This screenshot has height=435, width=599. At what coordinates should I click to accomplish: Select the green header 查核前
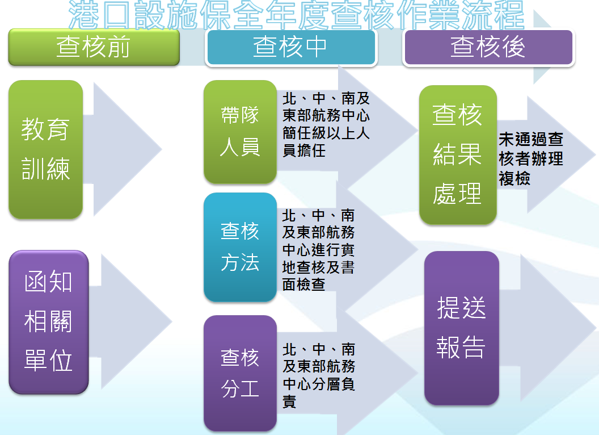point(94,47)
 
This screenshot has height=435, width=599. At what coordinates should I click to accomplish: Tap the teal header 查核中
point(290,47)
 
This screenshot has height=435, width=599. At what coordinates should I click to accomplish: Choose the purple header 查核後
point(488,47)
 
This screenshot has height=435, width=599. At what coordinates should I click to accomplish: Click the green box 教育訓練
point(46,149)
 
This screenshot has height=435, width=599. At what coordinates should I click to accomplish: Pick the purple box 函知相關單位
point(49,322)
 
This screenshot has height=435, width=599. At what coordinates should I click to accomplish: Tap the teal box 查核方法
point(240,247)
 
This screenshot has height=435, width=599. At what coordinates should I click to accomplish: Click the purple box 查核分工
point(240,373)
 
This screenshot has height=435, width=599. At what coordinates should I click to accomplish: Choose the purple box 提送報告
point(461,328)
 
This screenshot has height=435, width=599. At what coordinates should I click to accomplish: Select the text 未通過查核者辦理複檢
point(530,158)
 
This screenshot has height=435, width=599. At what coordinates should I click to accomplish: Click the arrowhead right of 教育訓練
point(136,149)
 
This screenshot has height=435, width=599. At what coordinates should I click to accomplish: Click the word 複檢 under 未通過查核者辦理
point(514,178)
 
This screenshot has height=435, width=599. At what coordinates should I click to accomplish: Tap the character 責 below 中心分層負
point(289,402)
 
